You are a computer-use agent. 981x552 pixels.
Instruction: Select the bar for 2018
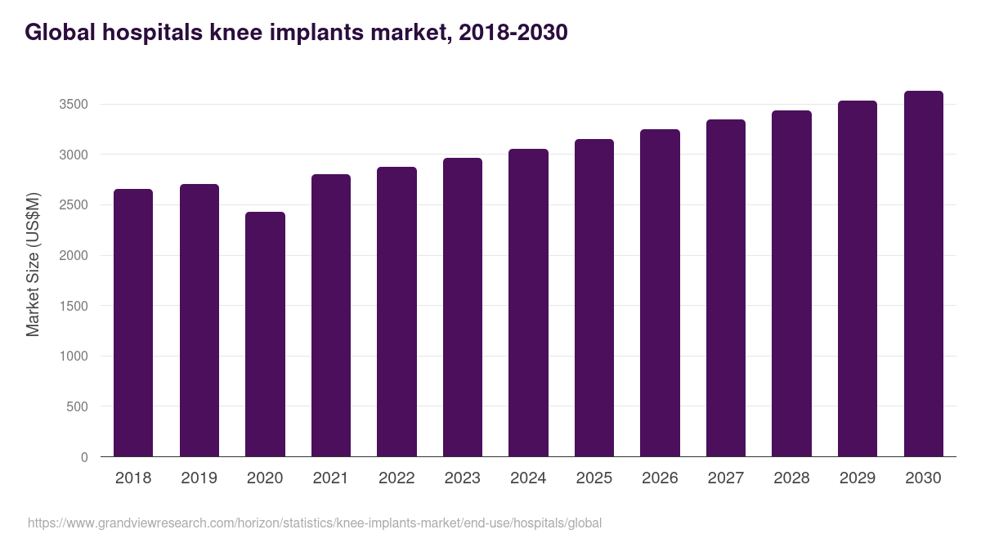133,322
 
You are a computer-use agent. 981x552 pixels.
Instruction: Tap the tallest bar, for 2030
923,273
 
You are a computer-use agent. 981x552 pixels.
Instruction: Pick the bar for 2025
594,298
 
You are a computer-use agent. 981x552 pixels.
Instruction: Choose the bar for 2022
396,312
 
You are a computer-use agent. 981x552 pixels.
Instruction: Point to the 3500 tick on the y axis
74,105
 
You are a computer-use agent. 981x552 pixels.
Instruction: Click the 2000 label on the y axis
74,256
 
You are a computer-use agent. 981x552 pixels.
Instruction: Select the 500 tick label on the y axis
78,406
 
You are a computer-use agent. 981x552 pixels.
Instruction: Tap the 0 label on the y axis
84,457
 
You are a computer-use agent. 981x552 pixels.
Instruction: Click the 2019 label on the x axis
199,478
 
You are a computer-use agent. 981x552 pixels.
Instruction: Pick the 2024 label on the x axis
528,478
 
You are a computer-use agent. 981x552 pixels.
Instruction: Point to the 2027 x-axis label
725,478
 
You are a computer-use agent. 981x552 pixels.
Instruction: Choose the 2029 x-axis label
858,478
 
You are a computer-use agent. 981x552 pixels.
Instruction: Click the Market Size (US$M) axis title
33,264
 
